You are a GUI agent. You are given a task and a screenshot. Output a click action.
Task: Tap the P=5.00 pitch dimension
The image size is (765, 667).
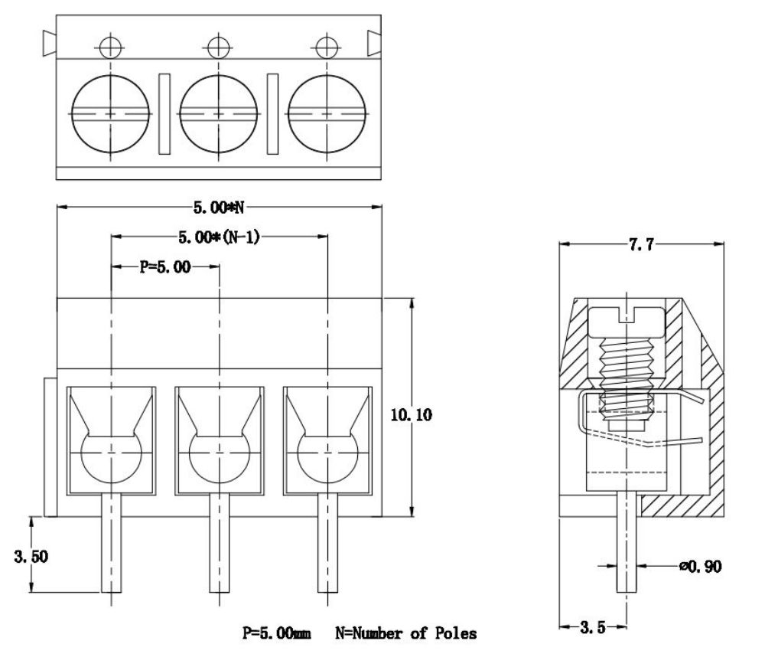point(164,267)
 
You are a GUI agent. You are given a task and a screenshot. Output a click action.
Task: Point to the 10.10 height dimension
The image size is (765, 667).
point(410,415)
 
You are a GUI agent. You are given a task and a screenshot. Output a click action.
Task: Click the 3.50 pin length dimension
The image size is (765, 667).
point(31,557)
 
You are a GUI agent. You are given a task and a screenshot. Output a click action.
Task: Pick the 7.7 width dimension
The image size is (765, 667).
point(641,244)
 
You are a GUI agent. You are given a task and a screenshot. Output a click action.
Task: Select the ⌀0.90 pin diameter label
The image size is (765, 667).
point(698,567)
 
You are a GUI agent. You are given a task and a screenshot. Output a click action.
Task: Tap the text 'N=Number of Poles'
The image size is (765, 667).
point(405,633)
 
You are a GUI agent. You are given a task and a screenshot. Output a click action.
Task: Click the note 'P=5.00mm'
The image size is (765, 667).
point(277,633)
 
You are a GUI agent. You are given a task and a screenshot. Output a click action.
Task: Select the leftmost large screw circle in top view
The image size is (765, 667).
point(110,113)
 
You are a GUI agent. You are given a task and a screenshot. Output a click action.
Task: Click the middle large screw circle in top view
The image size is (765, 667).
point(219,113)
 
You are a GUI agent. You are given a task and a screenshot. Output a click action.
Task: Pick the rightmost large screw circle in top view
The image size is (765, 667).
point(327,113)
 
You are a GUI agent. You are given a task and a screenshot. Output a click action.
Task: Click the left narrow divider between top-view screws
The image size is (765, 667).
point(164,113)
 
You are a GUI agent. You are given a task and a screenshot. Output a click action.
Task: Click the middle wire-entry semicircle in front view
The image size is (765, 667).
point(220,457)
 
